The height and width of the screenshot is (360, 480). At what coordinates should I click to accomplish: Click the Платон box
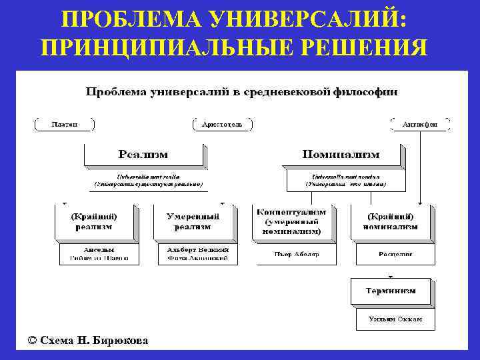(65, 124)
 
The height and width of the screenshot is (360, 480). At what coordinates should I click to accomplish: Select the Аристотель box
(222, 124)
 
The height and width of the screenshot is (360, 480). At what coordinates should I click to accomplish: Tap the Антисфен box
(420, 124)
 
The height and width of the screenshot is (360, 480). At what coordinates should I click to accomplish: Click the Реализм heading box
(143, 154)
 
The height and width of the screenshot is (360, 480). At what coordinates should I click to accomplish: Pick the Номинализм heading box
(341, 154)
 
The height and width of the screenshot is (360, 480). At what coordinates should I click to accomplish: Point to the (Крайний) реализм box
(95, 222)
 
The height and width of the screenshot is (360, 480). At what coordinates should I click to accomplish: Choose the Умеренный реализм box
(193, 222)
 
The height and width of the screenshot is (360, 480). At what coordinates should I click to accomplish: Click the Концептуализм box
(292, 221)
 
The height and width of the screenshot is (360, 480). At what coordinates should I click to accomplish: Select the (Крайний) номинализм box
(391, 222)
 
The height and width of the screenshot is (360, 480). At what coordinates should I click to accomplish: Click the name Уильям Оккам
(395, 319)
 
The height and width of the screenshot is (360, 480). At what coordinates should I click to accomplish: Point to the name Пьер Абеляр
(297, 254)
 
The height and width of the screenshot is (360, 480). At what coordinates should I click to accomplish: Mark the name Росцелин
(395, 254)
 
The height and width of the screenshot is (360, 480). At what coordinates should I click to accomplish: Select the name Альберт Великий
(198, 249)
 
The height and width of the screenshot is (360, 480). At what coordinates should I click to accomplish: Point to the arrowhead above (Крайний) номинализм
(421, 202)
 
